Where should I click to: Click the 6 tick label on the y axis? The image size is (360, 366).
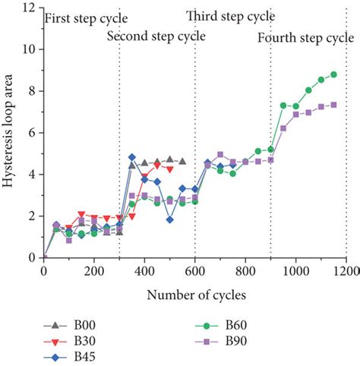pyautogui.click(x=33, y=133)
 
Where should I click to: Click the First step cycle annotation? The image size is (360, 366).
pyautogui.click(x=87, y=17)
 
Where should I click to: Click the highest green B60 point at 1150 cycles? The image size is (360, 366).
pyautogui.click(x=333, y=74)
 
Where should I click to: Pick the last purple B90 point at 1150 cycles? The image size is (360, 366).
pyautogui.click(x=333, y=105)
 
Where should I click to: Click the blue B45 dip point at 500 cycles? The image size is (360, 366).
pyautogui.click(x=169, y=219)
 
